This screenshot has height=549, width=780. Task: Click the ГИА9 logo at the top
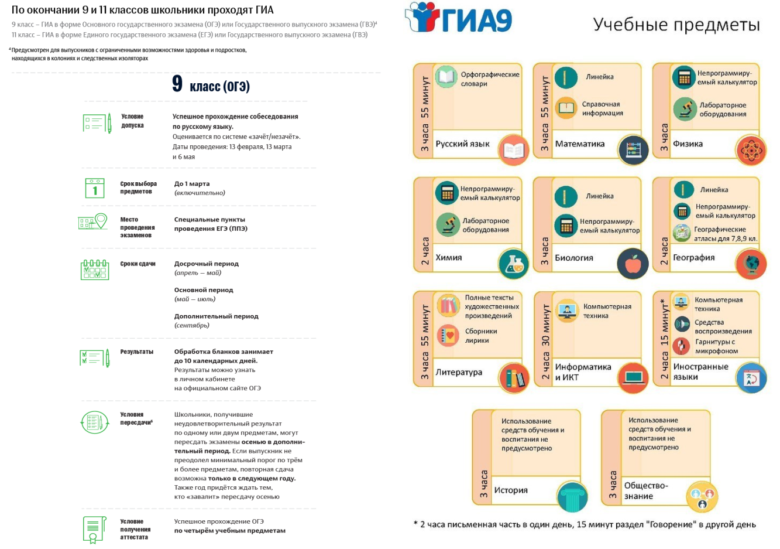[458, 18]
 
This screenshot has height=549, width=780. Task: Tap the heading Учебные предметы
[676, 25]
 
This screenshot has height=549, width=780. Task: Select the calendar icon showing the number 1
[95, 188]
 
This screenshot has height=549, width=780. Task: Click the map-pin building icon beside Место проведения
[92, 221]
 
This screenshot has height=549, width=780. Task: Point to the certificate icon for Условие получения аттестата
[94, 530]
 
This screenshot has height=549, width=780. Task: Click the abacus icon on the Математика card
[633, 150]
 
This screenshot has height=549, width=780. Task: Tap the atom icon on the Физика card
[751, 150]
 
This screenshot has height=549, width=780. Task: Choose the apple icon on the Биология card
[633, 264]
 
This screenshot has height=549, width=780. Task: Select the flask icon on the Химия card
[514, 264]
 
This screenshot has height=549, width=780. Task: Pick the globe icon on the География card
[751, 264]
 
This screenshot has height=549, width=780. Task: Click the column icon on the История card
[572, 497]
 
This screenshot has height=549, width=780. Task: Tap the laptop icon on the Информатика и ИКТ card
[633, 378]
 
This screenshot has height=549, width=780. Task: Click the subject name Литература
[459, 372]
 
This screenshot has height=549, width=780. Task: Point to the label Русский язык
[462, 144]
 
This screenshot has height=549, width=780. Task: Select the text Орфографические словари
[490, 79]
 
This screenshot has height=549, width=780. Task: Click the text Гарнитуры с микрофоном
[716, 346]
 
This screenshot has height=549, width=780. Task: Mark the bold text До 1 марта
[192, 184]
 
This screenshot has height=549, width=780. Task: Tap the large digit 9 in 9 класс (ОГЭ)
[177, 84]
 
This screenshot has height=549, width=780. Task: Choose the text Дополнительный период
[217, 316]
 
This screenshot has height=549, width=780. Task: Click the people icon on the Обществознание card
[702, 497]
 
